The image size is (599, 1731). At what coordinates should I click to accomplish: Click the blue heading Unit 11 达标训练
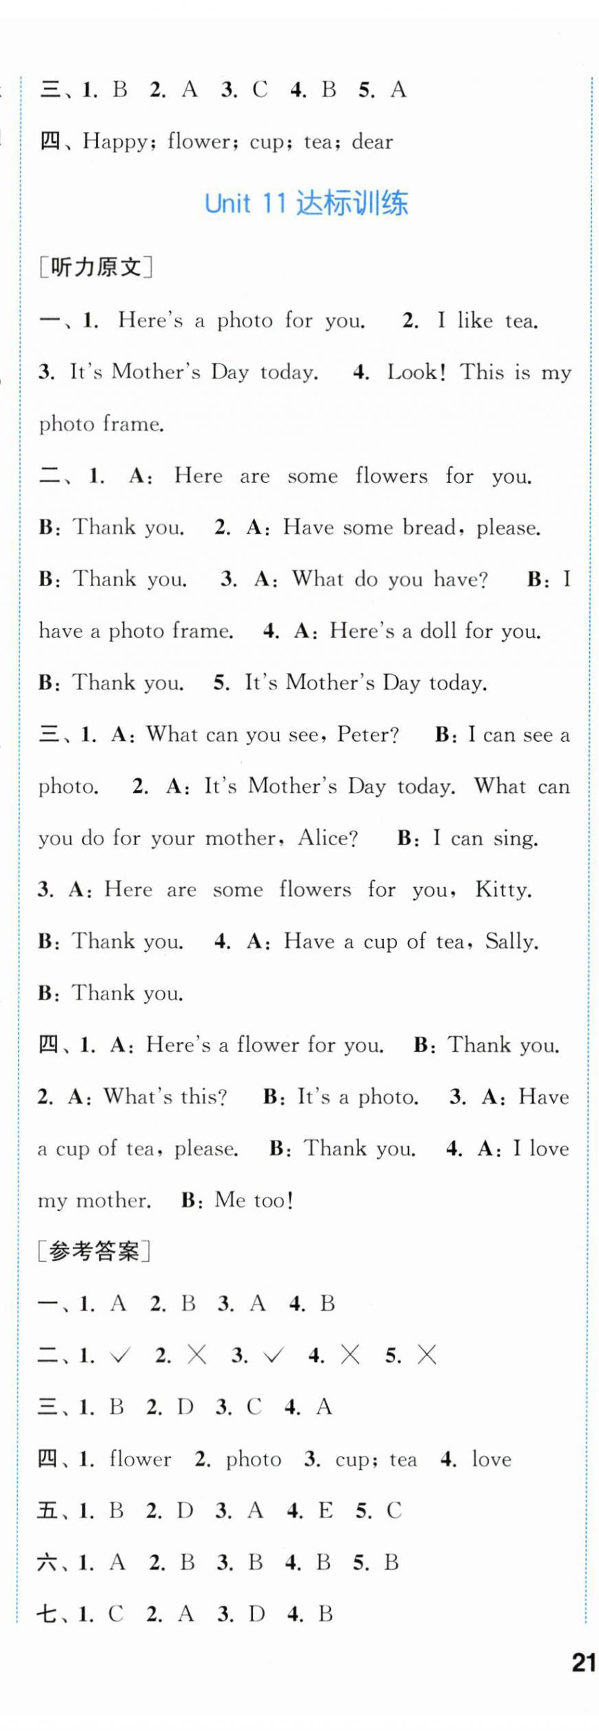click(306, 204)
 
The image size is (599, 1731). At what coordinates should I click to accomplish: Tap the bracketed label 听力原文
click(96, 267)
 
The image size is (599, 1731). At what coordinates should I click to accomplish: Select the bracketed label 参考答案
click(94, 1252)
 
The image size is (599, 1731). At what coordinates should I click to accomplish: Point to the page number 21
click(583, 1663)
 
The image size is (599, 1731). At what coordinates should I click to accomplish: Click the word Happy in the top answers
click(114, 142)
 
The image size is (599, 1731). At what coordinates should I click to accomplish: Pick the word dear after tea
click(372, 142)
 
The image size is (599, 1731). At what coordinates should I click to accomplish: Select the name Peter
click(367, 735)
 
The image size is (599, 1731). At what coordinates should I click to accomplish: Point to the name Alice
click(327, 838)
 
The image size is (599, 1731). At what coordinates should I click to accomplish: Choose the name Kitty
click(502, 890)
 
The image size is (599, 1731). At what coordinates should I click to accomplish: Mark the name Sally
click(511, 942)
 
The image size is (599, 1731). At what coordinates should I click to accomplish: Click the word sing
click(515, 838)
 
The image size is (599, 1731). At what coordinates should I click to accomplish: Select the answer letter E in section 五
click(325, 1511)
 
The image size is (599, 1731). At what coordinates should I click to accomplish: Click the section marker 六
click(48, 1562)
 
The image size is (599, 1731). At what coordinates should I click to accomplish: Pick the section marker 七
click(48, 1614)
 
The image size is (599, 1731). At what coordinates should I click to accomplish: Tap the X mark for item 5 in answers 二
click(427, 1356)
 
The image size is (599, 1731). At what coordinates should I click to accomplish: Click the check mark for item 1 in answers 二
click(120, 1356)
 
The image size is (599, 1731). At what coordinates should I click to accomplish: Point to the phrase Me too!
click(254, 1200)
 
